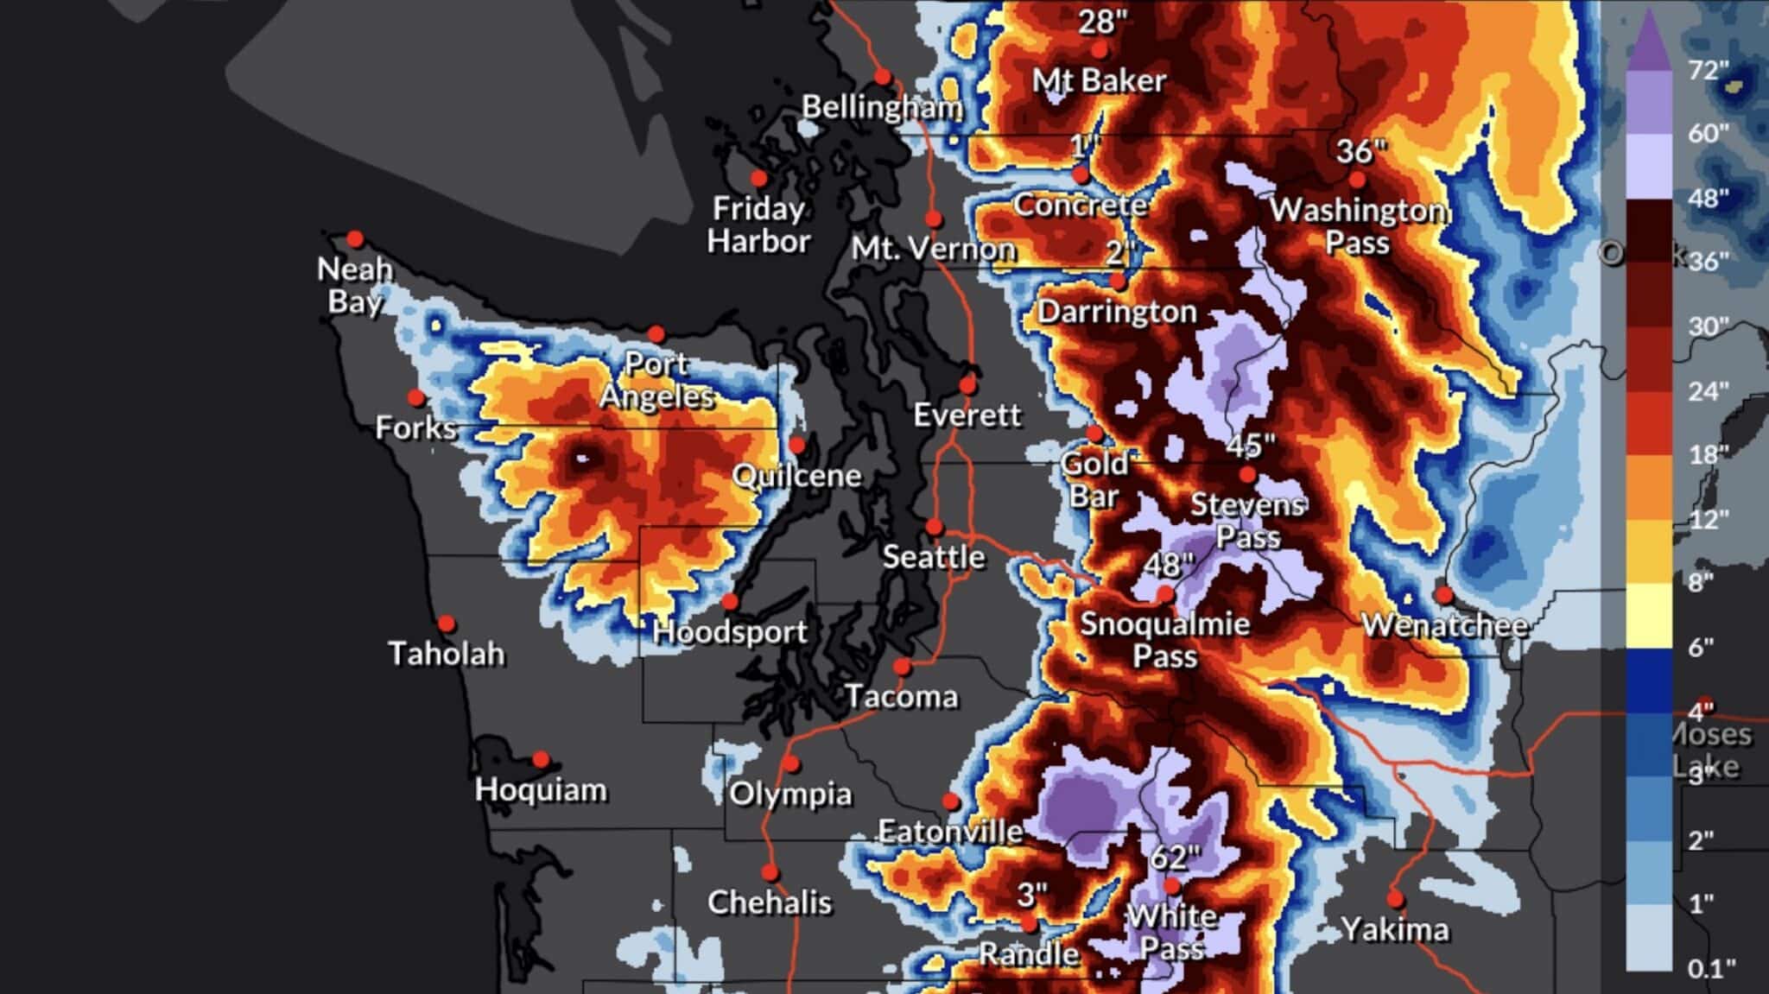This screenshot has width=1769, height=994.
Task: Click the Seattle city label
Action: click(x=933, y=557)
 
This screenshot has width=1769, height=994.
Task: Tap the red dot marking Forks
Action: click(x=416, y=398)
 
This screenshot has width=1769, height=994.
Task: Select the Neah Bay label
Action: click(x=355, y=285)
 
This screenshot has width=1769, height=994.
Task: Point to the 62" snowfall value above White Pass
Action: click(x=1176, y=858)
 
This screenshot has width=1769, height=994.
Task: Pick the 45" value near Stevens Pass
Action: click(x=1250, y=446)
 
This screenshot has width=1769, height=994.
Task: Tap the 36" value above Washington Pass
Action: click(x=1360, y=152)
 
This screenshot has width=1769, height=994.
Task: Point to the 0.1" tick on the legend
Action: click(x=1711, y=968)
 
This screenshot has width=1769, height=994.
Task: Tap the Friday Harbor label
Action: click(x=758, y=225)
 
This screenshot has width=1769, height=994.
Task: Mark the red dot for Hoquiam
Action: click(x=541, y=760)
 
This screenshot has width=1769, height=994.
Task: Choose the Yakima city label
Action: click(x=1395, y=930)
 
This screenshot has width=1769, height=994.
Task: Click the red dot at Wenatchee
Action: click(x=1443, y=595)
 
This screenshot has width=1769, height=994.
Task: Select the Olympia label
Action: click(x=790, y=794)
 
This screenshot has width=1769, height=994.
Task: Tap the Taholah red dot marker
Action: click(x=447, y=624)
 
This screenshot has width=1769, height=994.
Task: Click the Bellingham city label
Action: click(x=882, y=107)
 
